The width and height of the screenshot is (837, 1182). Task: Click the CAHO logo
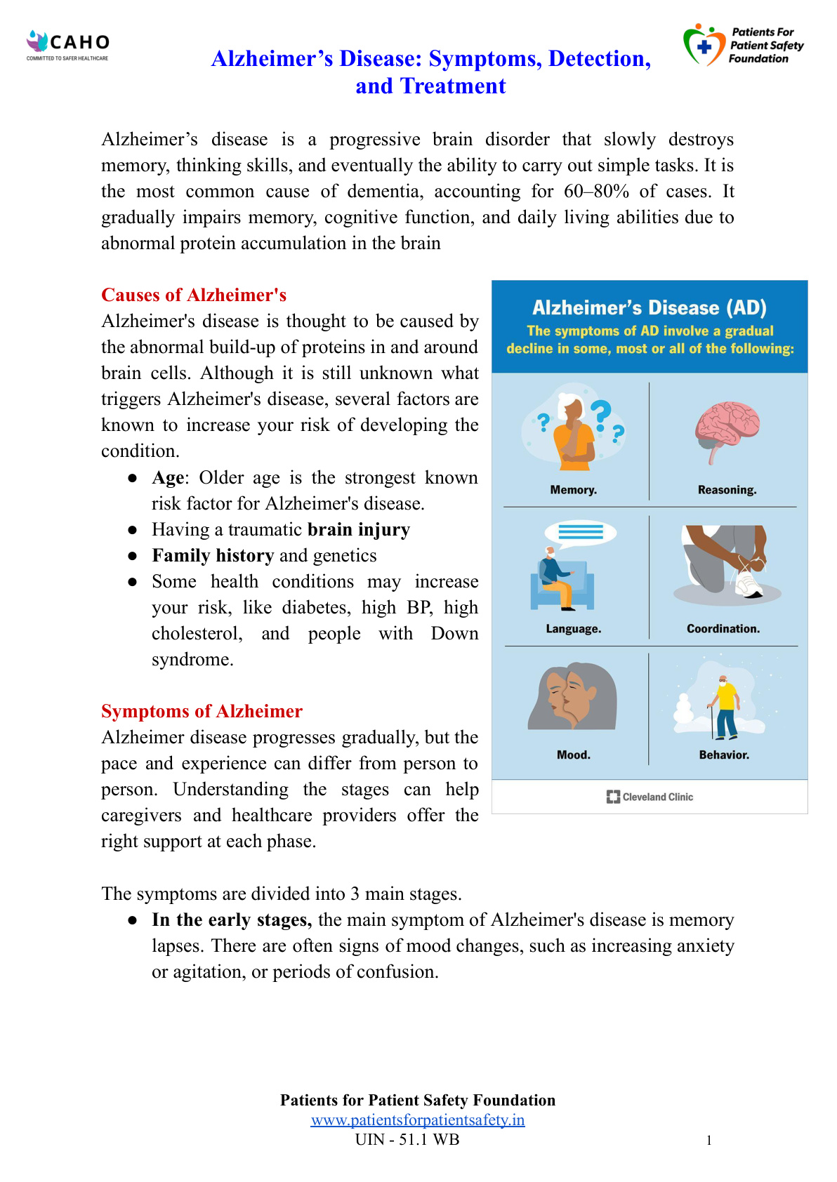pyautogui.click(x=68, y=45)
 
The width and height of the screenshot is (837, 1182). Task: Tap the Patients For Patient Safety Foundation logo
pyautogui.click(x=743, y=46)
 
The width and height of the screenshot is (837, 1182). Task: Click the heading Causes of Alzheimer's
pyautogui.click(x=194, y=295)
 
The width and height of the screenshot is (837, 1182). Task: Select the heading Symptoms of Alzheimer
pyautogui.click(x=202, y=711)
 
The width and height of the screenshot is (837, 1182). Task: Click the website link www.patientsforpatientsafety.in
pyautogui.click(x=418, y=1120)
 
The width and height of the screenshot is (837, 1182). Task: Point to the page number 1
pyautogui.click(x=709, y=1140)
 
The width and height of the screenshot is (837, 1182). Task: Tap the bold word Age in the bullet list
pyautogui.click(x=169, y=477)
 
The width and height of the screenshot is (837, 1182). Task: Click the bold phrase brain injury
pyautogui.click(x=359, y=529)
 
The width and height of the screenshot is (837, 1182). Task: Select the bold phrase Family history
pyautogui.click(x=213, y=555)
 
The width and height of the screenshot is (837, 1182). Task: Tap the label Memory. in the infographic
pyautogui.click(x=574, y=490)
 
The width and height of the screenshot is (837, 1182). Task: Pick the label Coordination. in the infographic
pyautogui.click(x=723, y=629)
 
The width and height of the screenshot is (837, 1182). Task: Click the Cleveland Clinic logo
pyautogui.click(x=650, y=797)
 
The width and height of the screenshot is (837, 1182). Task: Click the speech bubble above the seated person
pyautogui.click(x=581, y=533)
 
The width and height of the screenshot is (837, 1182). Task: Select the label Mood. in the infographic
pyautogui.click(x=574, y=755)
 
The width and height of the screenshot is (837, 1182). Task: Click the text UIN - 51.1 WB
pyautogui.click(x=407, y=1139)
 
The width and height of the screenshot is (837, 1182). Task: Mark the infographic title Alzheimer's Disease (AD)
pyautogui.click(x=650, y=307)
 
